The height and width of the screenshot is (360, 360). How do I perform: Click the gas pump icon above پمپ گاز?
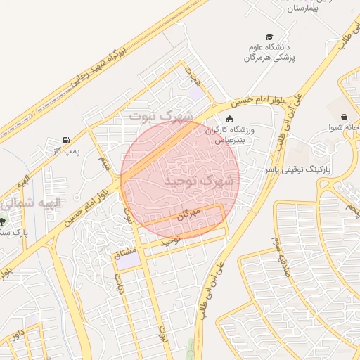pos(66,140)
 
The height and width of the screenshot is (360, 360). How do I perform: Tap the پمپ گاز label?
pos(68,150)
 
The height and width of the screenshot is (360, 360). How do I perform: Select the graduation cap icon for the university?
pos(269,37)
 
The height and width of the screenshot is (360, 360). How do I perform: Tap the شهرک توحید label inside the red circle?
pos(190,181)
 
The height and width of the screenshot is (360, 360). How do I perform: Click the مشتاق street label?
pos(127,256)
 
